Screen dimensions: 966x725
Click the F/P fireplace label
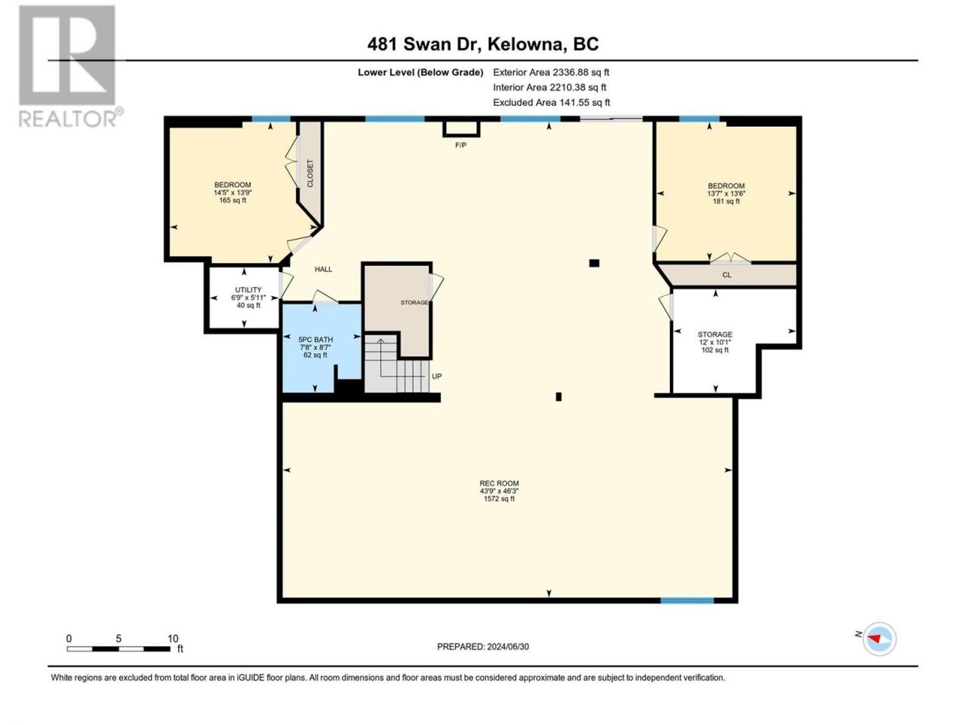tap(460, 145)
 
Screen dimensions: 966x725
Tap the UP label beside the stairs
tap(436, 376)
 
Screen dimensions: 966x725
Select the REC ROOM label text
tap(499, 483)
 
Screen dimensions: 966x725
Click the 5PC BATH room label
tap(315, 340)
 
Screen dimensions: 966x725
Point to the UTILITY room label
tap(248, 290)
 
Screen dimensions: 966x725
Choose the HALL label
tap(324, 270)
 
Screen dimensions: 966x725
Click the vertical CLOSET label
tap(310, 174)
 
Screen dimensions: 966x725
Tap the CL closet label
tap(727, 275)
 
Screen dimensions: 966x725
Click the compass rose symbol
tap(879, 639)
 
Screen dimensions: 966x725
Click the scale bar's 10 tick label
tap(173, 638)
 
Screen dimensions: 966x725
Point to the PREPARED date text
tap(483, 646)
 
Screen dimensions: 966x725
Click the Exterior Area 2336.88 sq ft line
tap(551, 72)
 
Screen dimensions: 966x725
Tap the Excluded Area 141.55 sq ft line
tap(552, 103)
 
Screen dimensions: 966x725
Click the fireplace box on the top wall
tap(461, 128)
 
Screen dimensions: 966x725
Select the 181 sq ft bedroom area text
tap(726, 201)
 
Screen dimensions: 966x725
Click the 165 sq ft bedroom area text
tap(232, 200)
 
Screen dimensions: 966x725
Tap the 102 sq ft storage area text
tap(715, 350)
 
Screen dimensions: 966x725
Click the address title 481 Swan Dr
tap(423, 45)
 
